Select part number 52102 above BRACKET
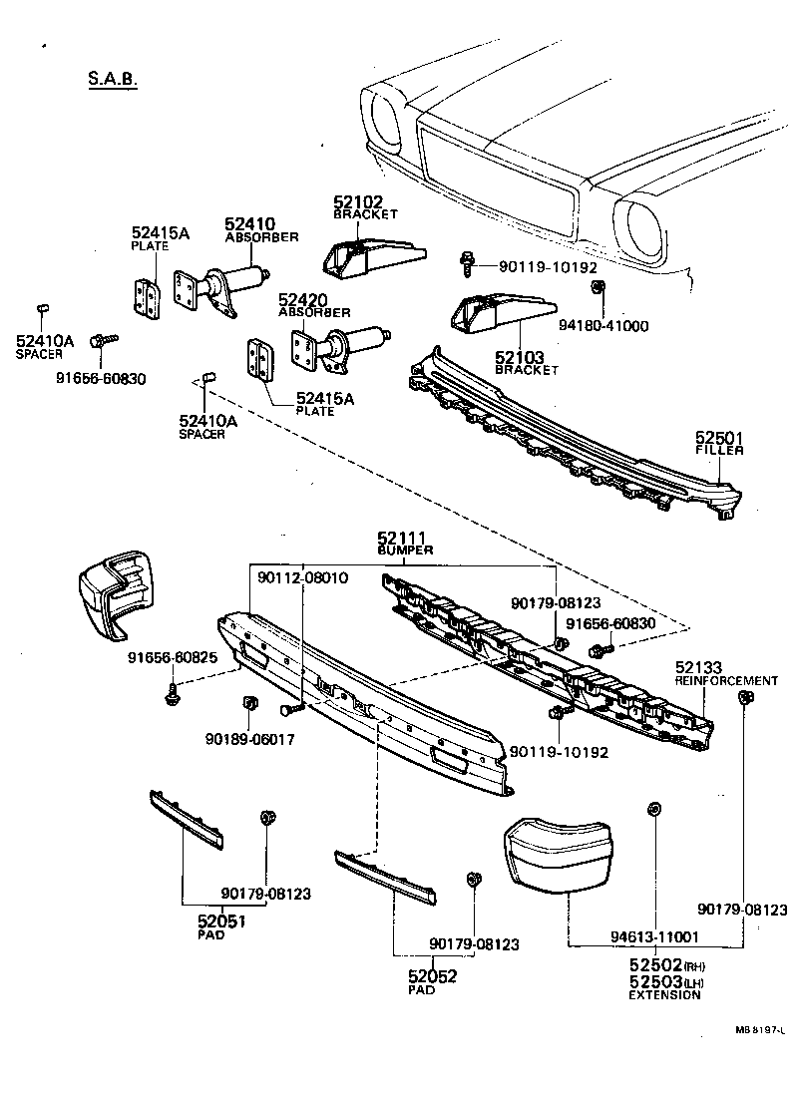[x=359, y=202]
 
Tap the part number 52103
[x=520, y=356]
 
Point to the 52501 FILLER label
[x=719, y=444]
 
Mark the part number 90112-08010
[x=302, y=577]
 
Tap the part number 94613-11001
[x=654, y=937]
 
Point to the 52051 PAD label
[x=220, y=922]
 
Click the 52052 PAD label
[x=432, y=977]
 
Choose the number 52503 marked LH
[x=653, y=982]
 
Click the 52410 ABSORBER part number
[x=249, y=224]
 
